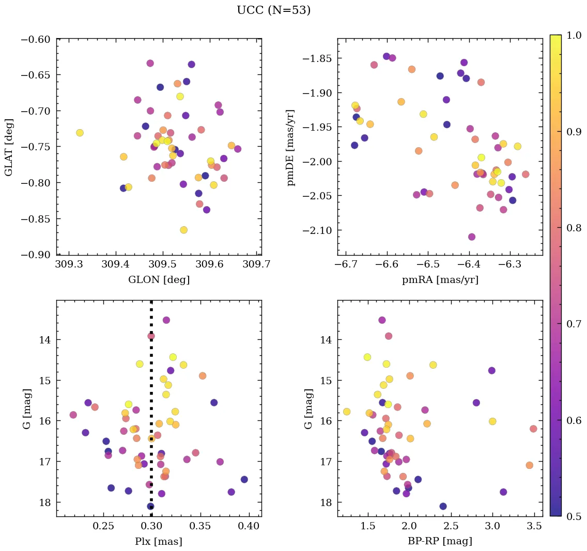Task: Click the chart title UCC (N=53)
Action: click(x=273, y=10)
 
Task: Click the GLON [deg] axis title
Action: click(x=159, y=280)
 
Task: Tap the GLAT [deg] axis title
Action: click(x=9, y=147)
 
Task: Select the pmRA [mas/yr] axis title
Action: click(x=440, y=280)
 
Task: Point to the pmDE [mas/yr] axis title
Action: click(x=290, y=147)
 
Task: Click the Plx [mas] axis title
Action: click(x=159, y=541)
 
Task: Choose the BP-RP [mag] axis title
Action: click(x=440, y=541)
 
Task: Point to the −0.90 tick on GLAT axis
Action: click(x=36, y=255)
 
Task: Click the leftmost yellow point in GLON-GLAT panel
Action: click(x=80, y=133)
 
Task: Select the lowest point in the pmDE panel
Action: click(x=471, y=237)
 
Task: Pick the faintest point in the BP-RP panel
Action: click(x=443, y=506)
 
